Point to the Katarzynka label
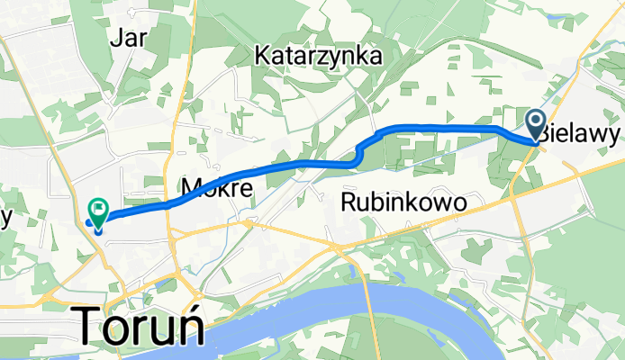coord(318,56)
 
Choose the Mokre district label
coord(215,187)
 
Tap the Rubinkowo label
coord(404,204)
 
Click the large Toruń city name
coord(143,325)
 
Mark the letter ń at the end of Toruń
coord(192,325)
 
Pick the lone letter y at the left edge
coord(5,219)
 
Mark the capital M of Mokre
coord(191,187)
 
